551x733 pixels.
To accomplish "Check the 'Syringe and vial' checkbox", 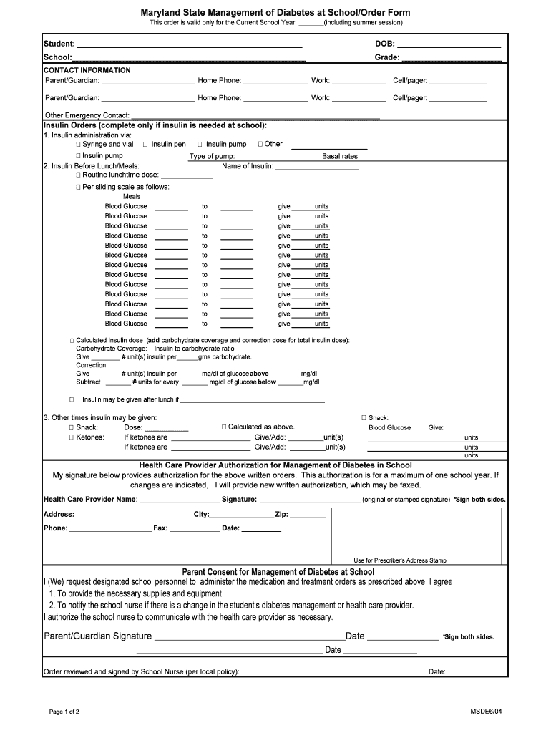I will (x=78, y=145).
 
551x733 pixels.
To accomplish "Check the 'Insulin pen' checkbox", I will (x=145, y=145).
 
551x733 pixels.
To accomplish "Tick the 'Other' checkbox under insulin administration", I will (x=260, y=145).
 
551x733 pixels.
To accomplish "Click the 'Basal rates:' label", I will (x=341, y=156).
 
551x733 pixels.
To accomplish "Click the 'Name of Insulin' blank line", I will (x=316, y=167).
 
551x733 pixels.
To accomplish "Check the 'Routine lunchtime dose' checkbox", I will (x=78, y=175).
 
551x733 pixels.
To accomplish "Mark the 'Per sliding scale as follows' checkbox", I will (x=78, y=188).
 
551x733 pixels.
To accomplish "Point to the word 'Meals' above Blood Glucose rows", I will (x=132, y=197).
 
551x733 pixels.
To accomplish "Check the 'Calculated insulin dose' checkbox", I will (x=72, y=341).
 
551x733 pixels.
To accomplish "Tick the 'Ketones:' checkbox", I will (x=72, y=437).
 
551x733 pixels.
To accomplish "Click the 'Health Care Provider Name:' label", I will (x=89, y=499).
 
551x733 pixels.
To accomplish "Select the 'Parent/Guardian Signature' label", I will (x=98, y=636).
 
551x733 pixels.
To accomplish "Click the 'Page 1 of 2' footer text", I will (x=64, y=712).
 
